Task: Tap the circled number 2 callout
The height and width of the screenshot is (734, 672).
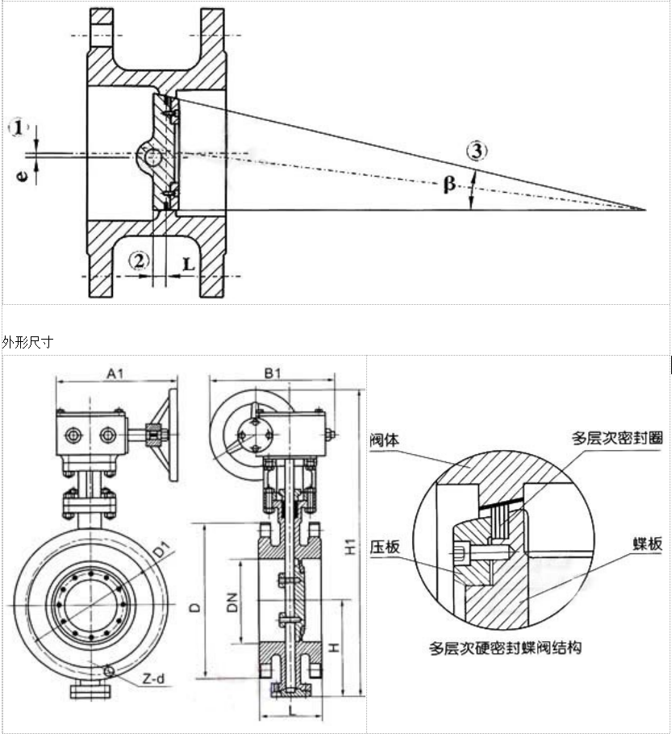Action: coord(140,260)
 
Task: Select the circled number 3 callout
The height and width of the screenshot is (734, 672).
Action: coord(478,150)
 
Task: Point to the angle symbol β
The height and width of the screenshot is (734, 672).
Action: coord(449,185)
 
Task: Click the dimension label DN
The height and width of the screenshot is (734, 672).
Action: coord(230,601)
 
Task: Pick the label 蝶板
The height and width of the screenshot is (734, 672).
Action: coord(647,544)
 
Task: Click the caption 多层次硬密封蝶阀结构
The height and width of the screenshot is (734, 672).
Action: coord(506,647)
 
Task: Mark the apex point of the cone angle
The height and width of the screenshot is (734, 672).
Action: coord(647,210)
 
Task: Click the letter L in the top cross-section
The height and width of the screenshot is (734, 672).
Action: coord(187,264)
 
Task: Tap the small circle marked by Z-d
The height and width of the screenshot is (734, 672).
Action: coord(108,668)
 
